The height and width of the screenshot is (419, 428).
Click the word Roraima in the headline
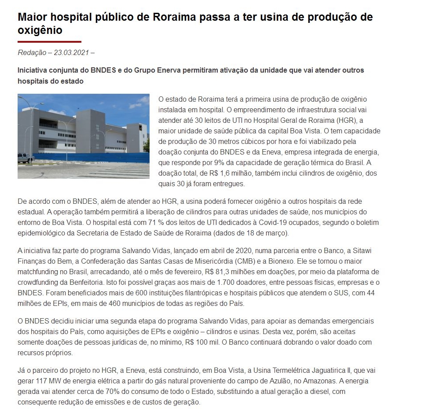[x=173, y=17]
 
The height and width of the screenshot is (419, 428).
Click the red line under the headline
[x=49, y=42]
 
